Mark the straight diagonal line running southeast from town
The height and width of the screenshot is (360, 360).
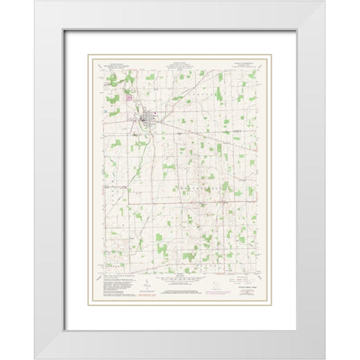coord(202,136)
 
